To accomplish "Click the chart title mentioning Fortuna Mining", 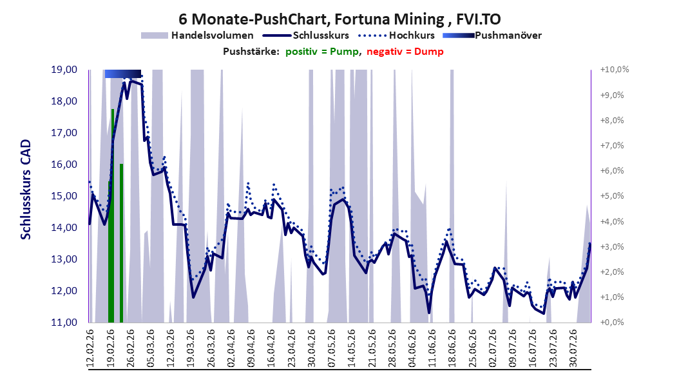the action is [339, 19].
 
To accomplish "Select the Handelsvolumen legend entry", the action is [197, 35].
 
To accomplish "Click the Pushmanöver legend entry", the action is [492, 35].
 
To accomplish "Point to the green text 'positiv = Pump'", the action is [321, 52].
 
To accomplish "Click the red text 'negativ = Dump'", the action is [405, 52].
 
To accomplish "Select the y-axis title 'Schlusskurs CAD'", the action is [26, 190].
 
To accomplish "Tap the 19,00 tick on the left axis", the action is [64, 70].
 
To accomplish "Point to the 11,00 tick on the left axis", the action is [64, 323].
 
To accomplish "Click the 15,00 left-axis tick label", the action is [64, 196].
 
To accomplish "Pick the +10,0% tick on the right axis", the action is [615, 70].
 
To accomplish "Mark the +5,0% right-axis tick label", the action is [612, 196].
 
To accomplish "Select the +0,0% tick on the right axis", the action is [612, 323].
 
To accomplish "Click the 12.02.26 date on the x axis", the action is [90, 348].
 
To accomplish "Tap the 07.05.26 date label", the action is [332, 348].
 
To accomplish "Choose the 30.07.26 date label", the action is [573, 348].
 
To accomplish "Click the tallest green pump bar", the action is [113, 216].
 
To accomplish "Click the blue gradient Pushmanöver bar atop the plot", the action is [123, 74].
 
